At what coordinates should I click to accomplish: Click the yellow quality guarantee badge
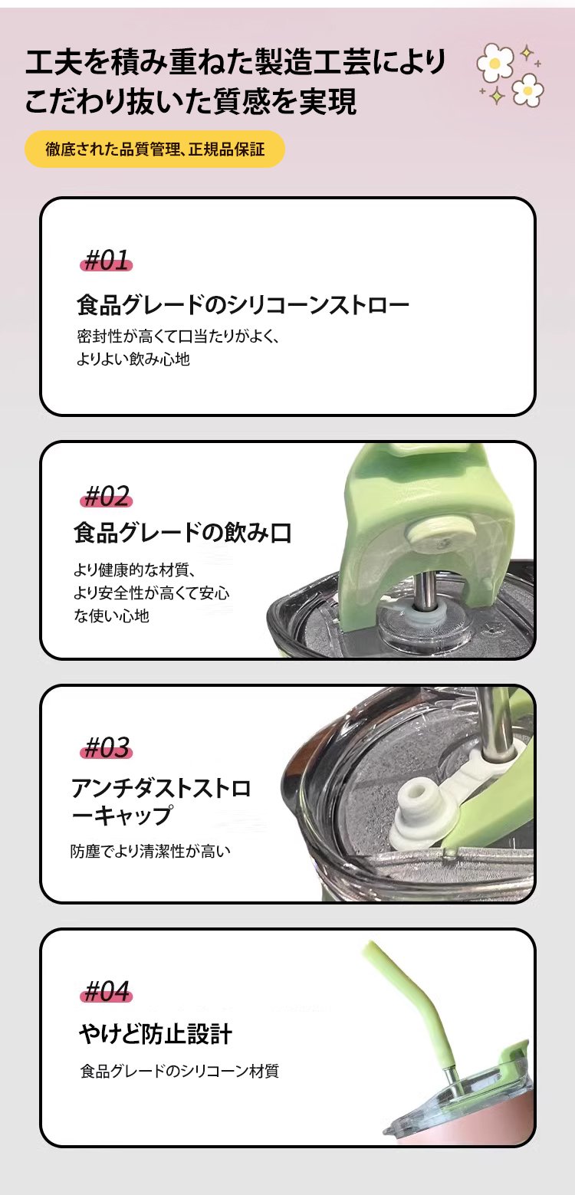pyautogui.click(x=155, y=149)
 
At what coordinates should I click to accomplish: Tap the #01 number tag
pyautogui.click(x=107, y=261)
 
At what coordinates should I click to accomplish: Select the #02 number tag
pyautogui.click(x=107, y=496)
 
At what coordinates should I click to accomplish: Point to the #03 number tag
pyautogui.click(x=107, y=747)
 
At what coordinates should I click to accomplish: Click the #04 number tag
pyautogui.click(x=107, y=991)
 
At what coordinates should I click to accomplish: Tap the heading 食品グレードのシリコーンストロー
pyautogui.click(x=243, y=304)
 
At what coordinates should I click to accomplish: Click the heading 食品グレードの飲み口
pyautogui.click(x=183, y=533)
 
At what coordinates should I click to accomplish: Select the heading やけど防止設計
pyautogui.click(x=156, y=1034)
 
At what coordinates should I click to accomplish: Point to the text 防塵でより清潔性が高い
pyautogui.click(x=150, y=850)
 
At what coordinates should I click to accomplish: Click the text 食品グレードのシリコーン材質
pyautogui.click(x=179, y=1071)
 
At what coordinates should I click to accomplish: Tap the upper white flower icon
pyautogui.click(x=495, y=62)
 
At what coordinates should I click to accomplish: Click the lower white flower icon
pyautogui.click(x=527, y=90)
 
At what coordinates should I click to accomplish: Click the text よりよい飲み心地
pyautogui.click(x=133, y=359)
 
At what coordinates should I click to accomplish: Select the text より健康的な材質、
pyautogui.click(x=135, y=570)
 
